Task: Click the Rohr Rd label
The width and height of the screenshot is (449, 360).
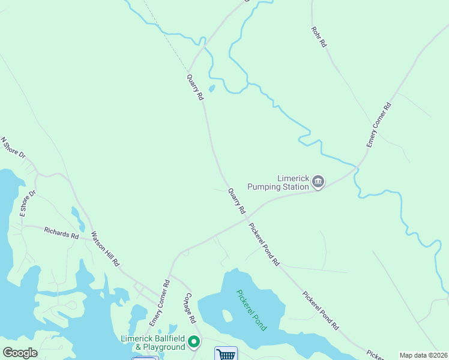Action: click(x=319, y=37)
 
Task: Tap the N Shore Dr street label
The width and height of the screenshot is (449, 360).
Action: click(x=13, y=148)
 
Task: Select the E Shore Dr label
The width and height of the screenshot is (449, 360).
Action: click(x=28, y=203)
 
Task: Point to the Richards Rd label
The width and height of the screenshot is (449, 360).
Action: click(x=61, y=233)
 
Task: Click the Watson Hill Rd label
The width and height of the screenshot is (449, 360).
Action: click(x=106, y=249)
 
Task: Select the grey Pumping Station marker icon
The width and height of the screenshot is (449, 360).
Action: click(x=319, y=181)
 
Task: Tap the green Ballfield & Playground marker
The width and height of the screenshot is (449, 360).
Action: click(x=194, y=343)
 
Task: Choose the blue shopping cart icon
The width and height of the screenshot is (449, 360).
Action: click(x=226, y=354)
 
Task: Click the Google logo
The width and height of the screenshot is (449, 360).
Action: click(x=20, y=352)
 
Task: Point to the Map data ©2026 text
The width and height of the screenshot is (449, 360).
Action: click(x=423, y=355)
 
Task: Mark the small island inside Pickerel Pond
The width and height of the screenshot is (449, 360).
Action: click(x=227, y=316)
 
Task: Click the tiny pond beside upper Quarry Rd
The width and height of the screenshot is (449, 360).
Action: click(x=211, y=89)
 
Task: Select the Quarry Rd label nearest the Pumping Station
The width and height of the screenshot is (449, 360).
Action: click(x=237, y=202)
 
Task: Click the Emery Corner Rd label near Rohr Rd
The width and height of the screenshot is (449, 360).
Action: click(x=379, y=125)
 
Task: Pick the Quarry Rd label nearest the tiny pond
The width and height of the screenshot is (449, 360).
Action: click(x=194, y=88)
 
